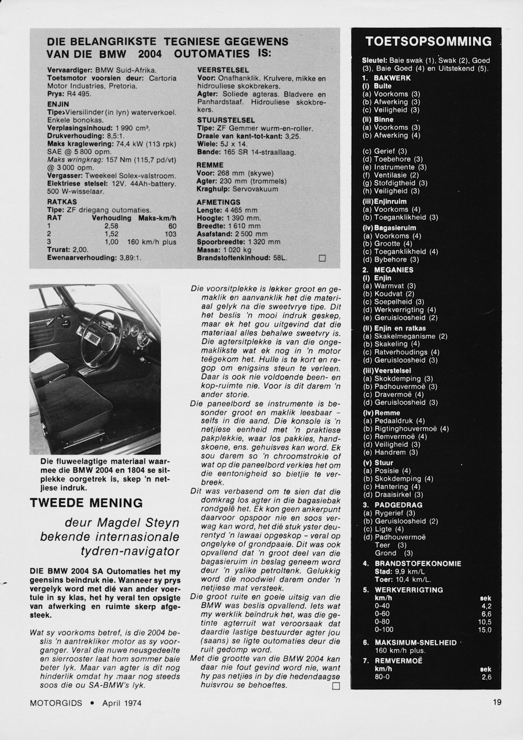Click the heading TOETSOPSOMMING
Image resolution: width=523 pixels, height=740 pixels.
click(429, 41)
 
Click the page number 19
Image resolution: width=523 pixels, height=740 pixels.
click(497, 702)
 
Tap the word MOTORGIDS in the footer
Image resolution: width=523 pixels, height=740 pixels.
click(56, 703)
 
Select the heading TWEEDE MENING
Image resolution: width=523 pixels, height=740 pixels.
click(86, 502)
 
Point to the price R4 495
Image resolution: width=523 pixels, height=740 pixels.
click(79, 95)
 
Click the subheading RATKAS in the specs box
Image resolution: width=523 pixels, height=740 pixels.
click(62, 202)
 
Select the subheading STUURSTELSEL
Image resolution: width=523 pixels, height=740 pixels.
click(226, 120)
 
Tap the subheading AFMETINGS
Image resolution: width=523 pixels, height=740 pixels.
click(218, 202)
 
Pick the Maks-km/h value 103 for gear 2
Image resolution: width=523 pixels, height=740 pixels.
click(170, 234)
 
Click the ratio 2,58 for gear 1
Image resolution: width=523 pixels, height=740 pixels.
click(111, 226)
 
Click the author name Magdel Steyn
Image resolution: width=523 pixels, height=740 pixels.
click(138, 523)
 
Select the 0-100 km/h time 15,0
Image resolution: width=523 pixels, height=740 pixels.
click(484, 630)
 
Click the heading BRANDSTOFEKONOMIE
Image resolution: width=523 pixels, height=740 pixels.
click(417, 564)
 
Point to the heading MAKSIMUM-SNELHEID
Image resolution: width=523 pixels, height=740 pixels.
click(415, 642)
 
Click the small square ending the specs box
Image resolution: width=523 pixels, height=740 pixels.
click(322, 258)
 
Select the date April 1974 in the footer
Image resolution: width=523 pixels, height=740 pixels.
click(122, 703)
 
